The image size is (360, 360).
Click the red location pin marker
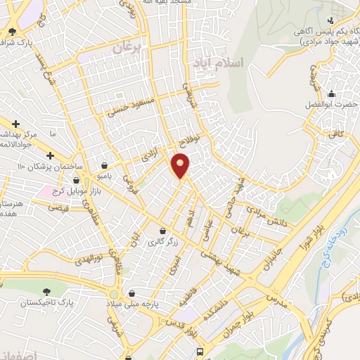click(181, 165)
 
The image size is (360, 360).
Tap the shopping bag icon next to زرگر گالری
click(163, 231)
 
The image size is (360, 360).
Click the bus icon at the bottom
click(201, 349)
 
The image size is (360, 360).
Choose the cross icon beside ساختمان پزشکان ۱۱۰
click(50, 155)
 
